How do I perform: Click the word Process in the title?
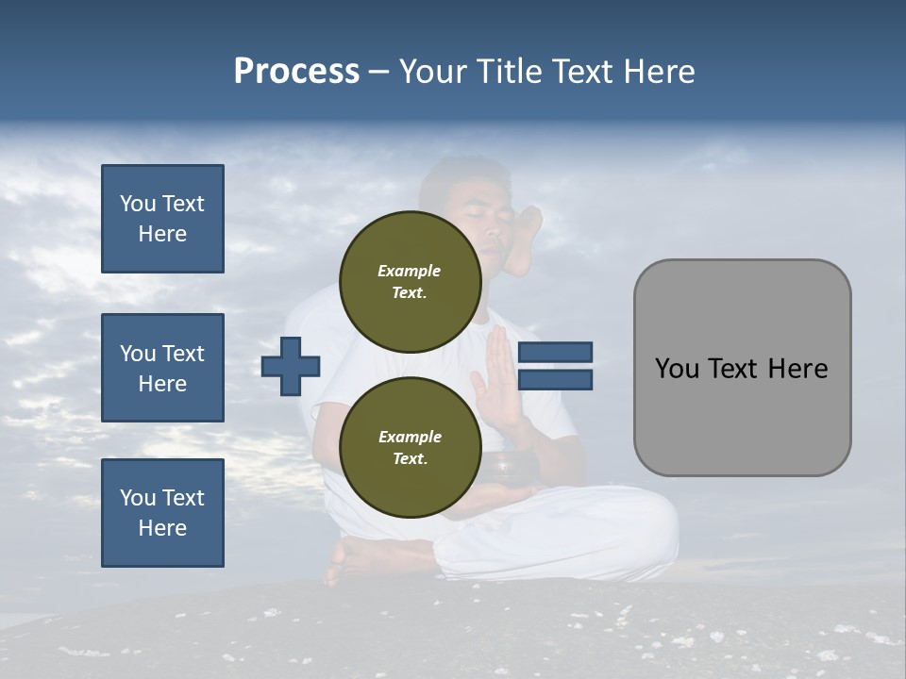pos(296,72)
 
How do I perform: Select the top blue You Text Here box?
pos(162,219)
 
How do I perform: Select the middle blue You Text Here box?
pos(162,368)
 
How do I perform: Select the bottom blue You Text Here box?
pos(162,513)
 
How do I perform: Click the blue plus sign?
pos(291,365)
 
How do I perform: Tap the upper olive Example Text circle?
pos(410,281)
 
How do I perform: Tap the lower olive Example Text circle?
pos(410,447)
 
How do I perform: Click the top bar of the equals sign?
pos(555,352)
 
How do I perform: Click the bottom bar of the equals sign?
pos(555,380)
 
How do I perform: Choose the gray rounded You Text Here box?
pos(742,368)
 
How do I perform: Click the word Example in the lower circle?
pos(410,437)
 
